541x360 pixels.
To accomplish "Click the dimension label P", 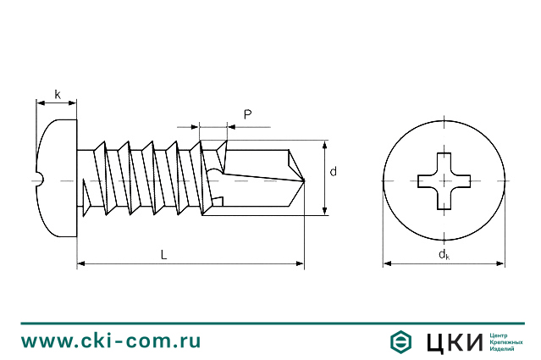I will [247, 114].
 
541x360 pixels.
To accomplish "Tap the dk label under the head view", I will [444, 254].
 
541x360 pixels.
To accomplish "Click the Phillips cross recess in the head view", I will [444, 180].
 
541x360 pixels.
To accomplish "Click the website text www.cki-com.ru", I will [111, 341].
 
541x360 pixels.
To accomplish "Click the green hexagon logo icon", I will [400, 341].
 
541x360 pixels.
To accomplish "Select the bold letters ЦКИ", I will [455, 341].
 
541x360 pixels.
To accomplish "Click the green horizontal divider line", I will [270, 323].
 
